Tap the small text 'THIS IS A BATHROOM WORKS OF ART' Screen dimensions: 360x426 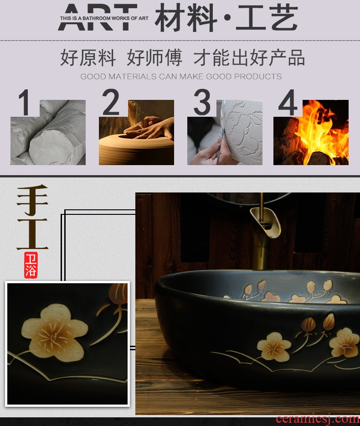pyautogui.click(x=104, y=18)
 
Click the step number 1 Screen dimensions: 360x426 pyautogui.click(x=24, y=102)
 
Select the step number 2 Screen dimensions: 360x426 pyautogui.click(x=110, y=102)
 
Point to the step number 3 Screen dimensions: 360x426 pyautogui.click(x=202, y=102)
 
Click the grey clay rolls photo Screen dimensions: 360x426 pyautogui.click(x=48, y=132)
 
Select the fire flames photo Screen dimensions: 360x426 pyautogui.click(x=311, y=132)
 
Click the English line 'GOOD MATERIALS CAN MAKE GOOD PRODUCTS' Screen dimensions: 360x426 pyautogui.click(x=181, y=76)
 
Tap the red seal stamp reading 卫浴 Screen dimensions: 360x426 pyautogui.click(x=31, y=265)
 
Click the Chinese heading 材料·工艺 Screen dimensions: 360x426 pyautogui.click(x=226, y=18)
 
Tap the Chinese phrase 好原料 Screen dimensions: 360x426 pyautogui.click(x=88, y=57)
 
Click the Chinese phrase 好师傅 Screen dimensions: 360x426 pyautogui.click(x=154, y=57)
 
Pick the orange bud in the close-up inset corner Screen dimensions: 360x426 pyautogui.click(x=118, y=293)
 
